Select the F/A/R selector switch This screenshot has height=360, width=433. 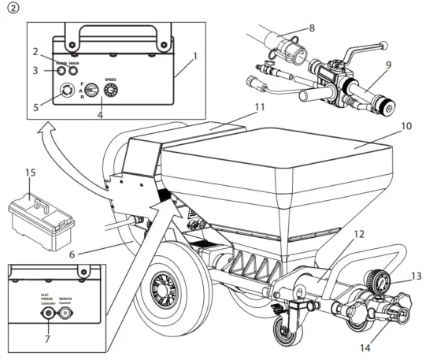pyautogui.click(x=91, y=92)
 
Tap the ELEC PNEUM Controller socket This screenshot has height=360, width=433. pyautogui.click(x=50, y=311)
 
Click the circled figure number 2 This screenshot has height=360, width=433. pyautogui.click(x=9, y=9)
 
